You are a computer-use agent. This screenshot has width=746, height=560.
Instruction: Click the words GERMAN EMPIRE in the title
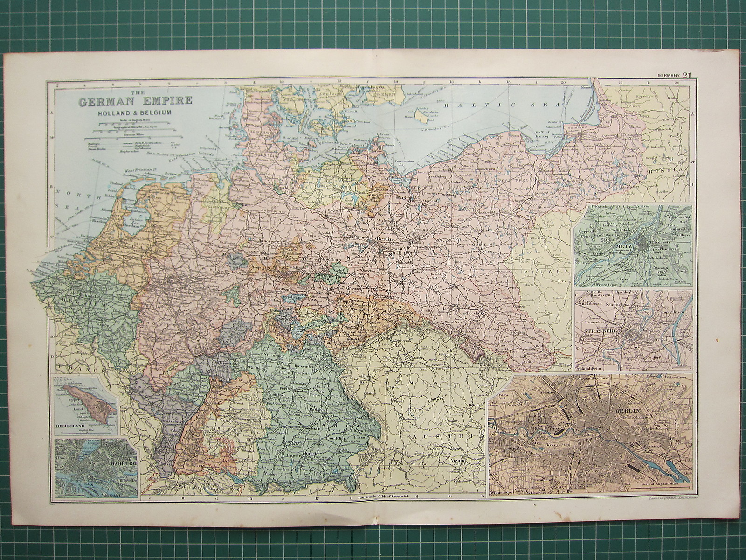click(x=129, y=101)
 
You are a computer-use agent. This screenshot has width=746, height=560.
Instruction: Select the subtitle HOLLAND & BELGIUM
click(x=129, y=113)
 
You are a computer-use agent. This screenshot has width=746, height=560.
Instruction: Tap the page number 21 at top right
click(x=687, y=75)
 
